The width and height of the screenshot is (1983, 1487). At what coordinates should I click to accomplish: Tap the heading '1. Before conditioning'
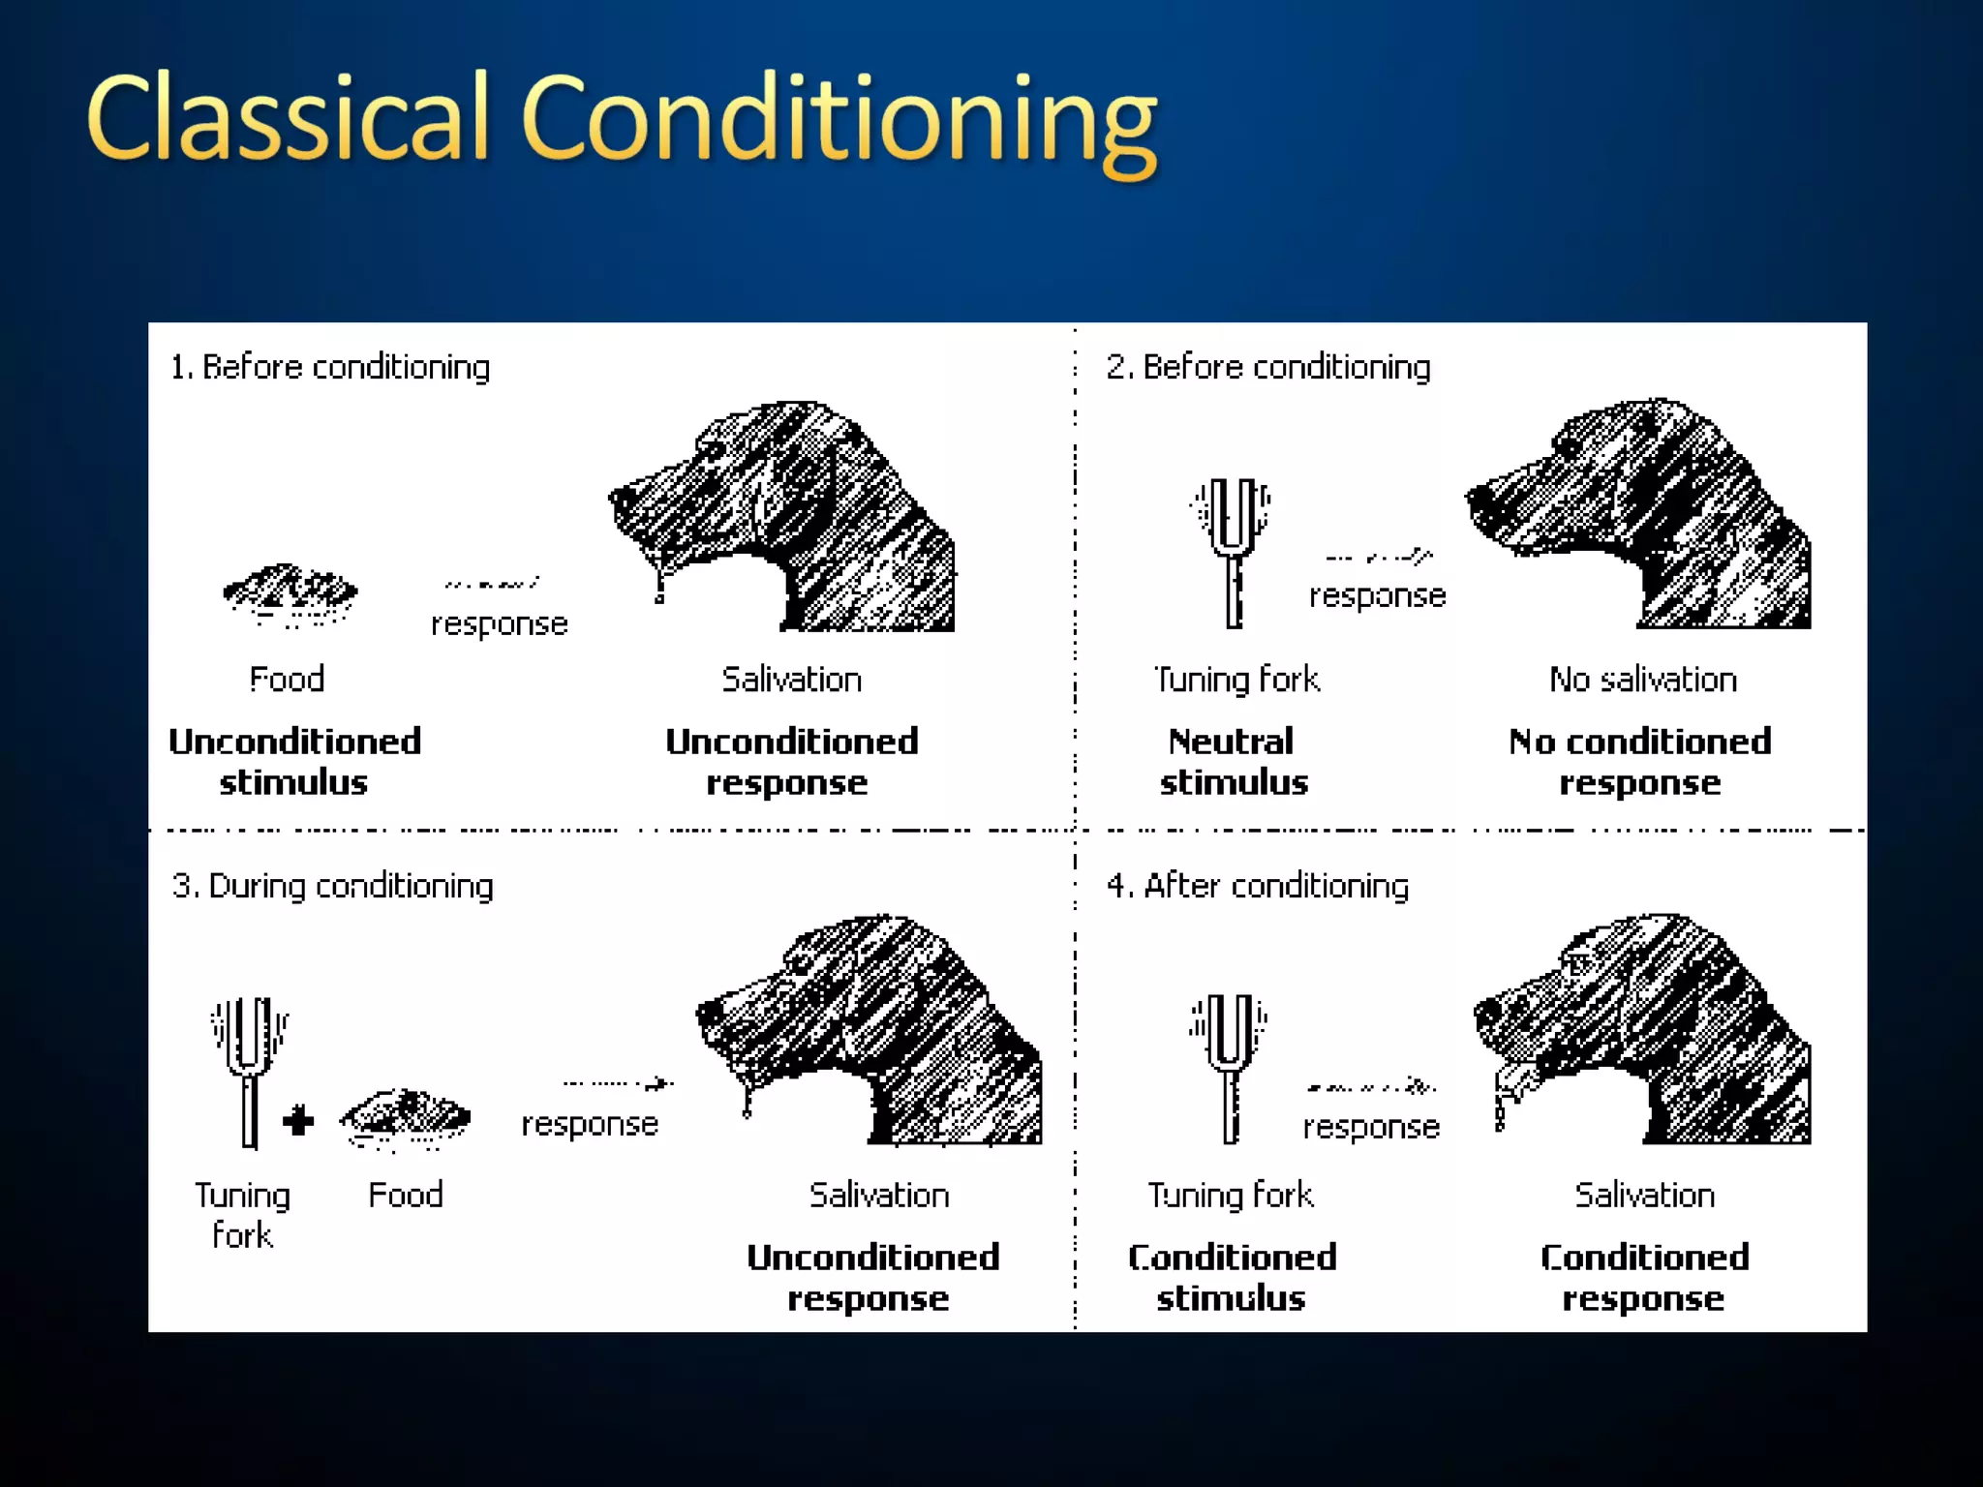[x=330, y=368]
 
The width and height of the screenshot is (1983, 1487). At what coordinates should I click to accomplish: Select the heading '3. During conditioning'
[x=332, y=887]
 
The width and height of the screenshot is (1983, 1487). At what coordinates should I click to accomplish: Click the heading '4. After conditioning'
[x=1258, y=887]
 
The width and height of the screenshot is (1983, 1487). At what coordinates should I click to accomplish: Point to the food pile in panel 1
[x=290, y=592]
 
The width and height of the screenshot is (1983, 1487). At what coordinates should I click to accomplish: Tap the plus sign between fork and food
[x=299, y=1121]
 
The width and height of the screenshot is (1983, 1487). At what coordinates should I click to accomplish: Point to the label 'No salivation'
[x=1643, y=680]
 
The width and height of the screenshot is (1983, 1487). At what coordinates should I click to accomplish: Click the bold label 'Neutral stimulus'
[x=1233, y=762]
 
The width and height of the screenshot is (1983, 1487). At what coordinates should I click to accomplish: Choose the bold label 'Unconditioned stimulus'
[x=294, y=762]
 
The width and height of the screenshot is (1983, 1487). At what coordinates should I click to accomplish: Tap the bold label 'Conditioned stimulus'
[x=1232, y=1278]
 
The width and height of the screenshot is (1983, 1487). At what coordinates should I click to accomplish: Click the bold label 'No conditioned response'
[x=1640, y=762]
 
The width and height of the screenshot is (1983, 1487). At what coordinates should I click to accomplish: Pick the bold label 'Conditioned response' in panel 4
[x=1644, y=1278]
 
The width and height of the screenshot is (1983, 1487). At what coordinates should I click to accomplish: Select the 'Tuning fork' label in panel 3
[x=242, y=1215]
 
